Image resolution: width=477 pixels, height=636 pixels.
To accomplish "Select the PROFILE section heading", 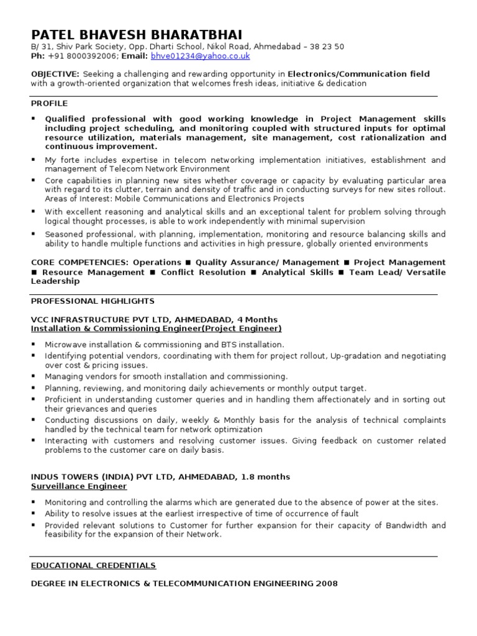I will (49, 103).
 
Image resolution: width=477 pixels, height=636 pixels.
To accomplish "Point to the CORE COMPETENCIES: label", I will (79, 263).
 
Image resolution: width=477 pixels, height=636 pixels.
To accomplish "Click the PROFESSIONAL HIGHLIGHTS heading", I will (93, 301).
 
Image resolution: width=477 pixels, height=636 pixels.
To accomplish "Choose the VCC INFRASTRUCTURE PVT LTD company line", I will (154, 320).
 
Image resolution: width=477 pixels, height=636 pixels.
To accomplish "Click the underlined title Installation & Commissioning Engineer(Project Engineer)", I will (156, 329).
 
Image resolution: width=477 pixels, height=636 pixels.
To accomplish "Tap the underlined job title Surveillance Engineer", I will (79, 486).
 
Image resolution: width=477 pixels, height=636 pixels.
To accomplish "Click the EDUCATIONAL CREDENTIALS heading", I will (94, 566).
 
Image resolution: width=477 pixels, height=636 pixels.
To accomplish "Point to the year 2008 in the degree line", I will (327, 583).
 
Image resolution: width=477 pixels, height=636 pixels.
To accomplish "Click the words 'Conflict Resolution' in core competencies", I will (203, 272).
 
